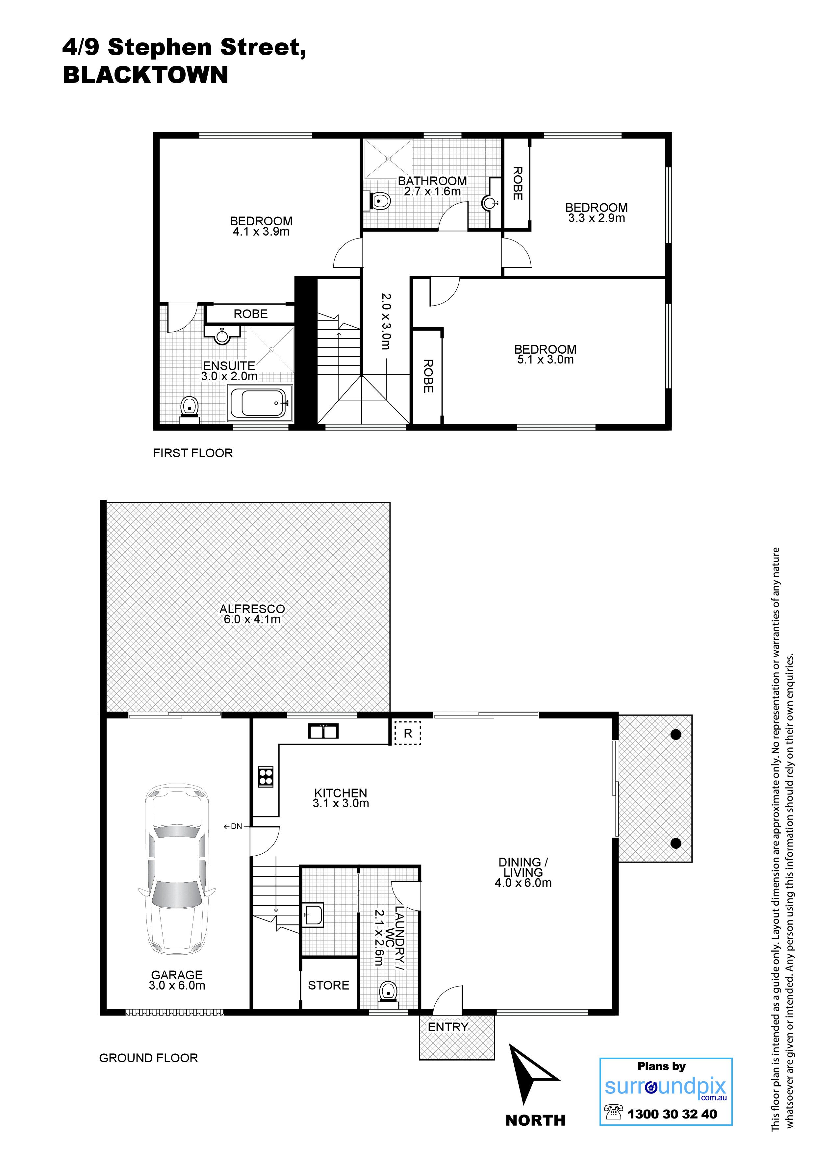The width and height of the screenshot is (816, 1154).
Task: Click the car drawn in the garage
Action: (x=177, y=870)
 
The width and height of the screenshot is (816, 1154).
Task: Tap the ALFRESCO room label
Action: (x=252, y=609)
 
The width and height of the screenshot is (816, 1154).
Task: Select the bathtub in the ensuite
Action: (x=261, y=403)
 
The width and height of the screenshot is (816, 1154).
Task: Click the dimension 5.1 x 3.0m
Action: (x=546, y=359)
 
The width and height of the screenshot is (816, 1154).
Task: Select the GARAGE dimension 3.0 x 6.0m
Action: (x=177, y=986)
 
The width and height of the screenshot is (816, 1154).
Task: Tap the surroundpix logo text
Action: (x=666, y=1087)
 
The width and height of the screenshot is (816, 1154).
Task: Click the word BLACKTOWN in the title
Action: (x=146, y=75)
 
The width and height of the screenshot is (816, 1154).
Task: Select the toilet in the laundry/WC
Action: (x=388, y=994)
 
